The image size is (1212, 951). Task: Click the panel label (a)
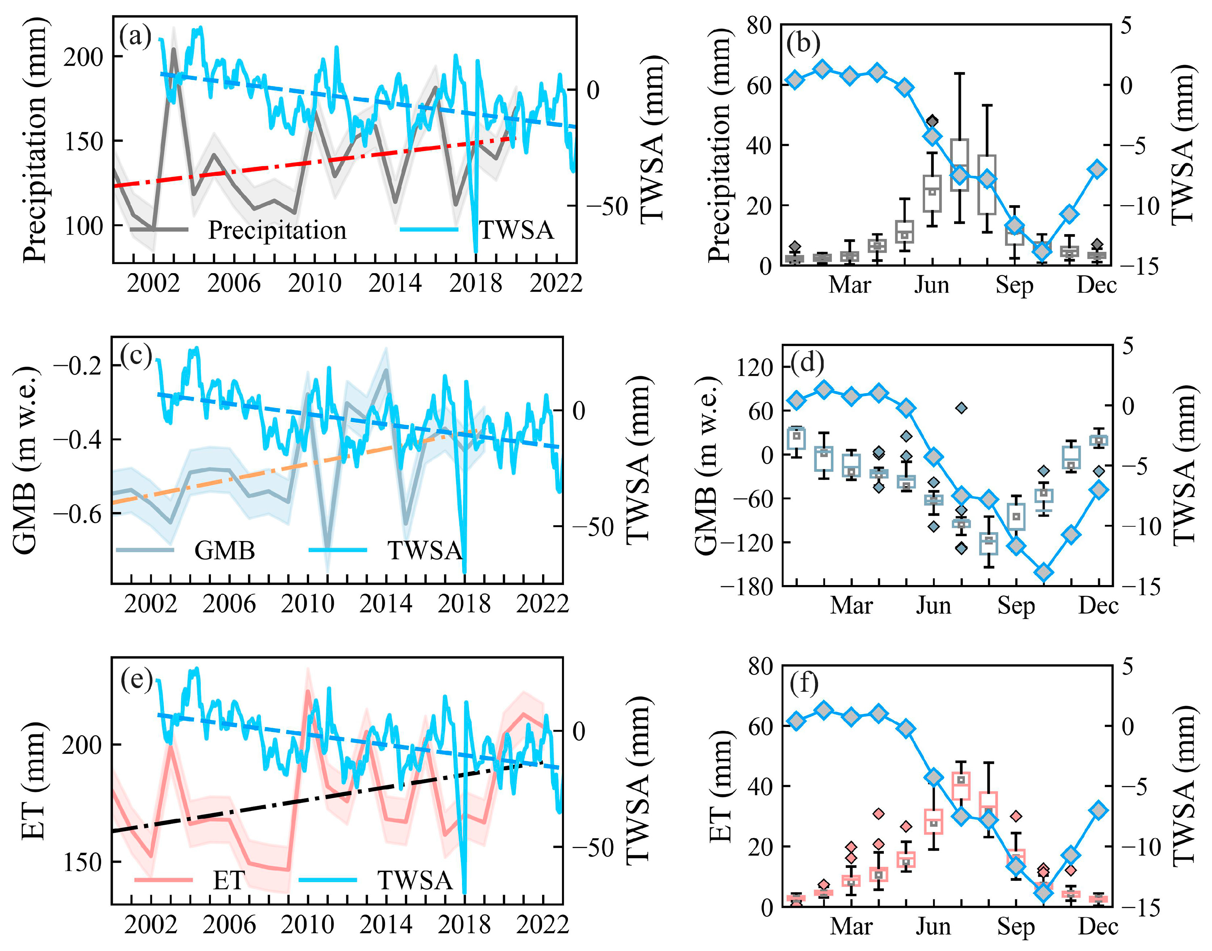click(135, 38)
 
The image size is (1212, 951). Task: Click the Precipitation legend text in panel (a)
click(277, 230)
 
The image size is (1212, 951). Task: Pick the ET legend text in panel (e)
click(228, 880)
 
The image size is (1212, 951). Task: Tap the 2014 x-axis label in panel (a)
click(395, 283)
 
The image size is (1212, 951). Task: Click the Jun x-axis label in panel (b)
click(931, 285)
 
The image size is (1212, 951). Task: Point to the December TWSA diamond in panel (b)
click(1097, 169)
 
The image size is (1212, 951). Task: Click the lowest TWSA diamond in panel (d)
click(1043, 572)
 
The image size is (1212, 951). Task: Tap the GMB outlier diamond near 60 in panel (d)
click(961, 408)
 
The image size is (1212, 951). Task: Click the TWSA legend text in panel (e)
click(415, 880)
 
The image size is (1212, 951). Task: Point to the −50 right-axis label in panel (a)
click(606, 207)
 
